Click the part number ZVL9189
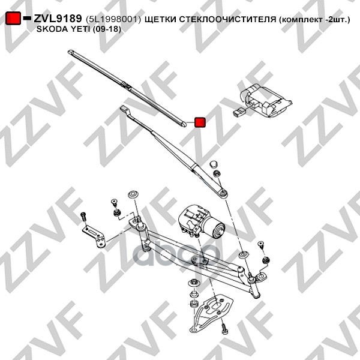click(57, 19)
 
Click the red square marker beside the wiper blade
click(200, 122)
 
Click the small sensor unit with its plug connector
click(264, 100)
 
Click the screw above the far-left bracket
click(84, 216)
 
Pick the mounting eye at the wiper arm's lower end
click(222, 192)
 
